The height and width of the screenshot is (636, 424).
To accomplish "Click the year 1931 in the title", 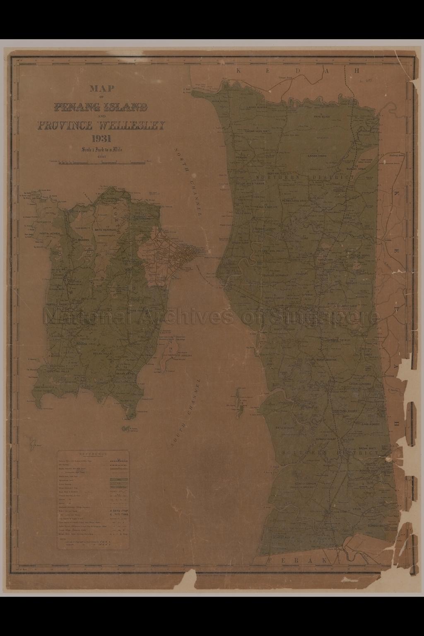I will click(101, 139).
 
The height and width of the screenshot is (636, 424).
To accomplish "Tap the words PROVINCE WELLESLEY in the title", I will click(101, 125).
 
